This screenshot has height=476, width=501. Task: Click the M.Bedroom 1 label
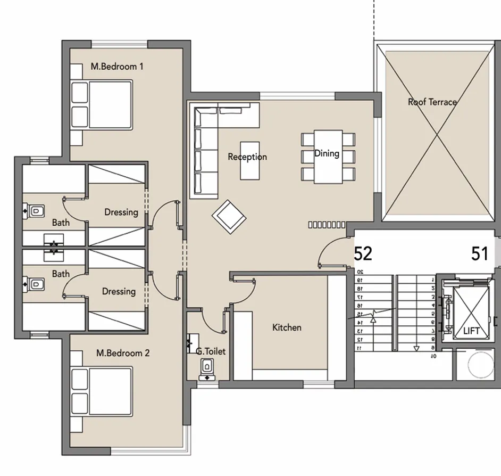[117, 67]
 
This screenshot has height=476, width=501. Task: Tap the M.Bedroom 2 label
[123, 353]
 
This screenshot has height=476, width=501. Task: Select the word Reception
[247, 157]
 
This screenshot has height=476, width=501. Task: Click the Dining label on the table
[327, 153]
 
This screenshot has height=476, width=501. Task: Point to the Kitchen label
[287, 327]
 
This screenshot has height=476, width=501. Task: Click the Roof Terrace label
[432, 102]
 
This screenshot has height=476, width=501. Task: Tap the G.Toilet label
[211, 351]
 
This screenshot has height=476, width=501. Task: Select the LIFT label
[471, 331]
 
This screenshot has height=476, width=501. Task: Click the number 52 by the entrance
[363, 254]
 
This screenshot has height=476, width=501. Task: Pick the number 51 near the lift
[480, 254]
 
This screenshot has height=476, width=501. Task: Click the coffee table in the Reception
[250, 160]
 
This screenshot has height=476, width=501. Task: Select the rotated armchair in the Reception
[229, 216]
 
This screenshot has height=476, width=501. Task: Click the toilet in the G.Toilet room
[207, 367]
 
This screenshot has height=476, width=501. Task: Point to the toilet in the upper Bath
[35, 211]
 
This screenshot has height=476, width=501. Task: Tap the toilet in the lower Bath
[35, 283]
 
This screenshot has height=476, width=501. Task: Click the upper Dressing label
[121, 212]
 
